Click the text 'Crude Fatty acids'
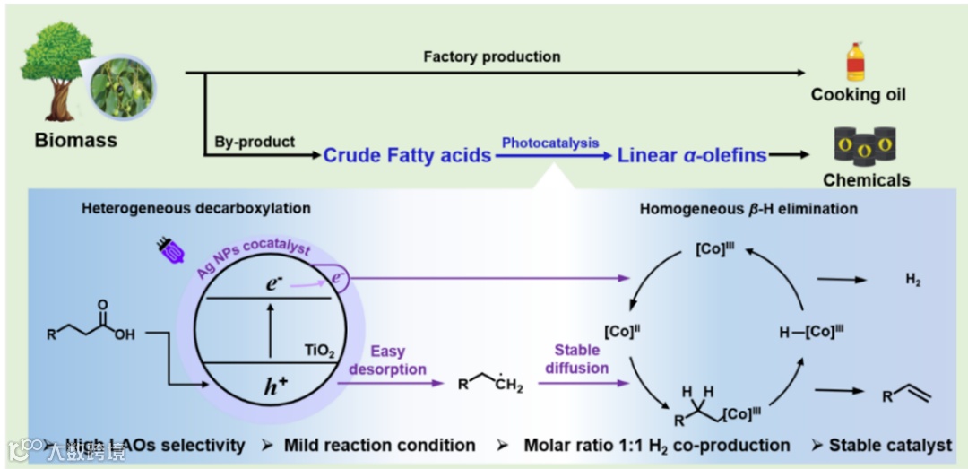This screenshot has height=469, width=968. [407, 155]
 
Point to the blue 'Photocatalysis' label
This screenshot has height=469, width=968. [550, 143]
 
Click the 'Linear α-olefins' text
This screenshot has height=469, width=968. [691, 155]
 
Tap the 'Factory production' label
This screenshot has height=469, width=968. [492, 56]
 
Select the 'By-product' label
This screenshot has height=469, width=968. [255, 142]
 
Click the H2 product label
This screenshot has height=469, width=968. [912, 281]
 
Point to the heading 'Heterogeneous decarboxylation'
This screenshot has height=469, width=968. [196, 209]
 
